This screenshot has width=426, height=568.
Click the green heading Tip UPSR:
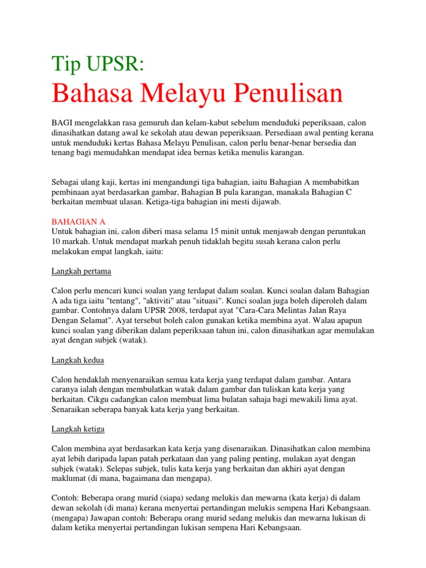tap(98, 64)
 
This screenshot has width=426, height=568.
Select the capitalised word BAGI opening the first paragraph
tap(62, 122)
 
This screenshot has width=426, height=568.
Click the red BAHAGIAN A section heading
tap(78, 221)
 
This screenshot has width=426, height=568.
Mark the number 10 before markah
tap(56, 241)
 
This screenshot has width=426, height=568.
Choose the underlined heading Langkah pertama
tap(82, 271)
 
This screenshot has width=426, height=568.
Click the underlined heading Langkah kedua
tap(78, 360)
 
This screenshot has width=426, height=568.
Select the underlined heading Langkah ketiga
tap(78, 429)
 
